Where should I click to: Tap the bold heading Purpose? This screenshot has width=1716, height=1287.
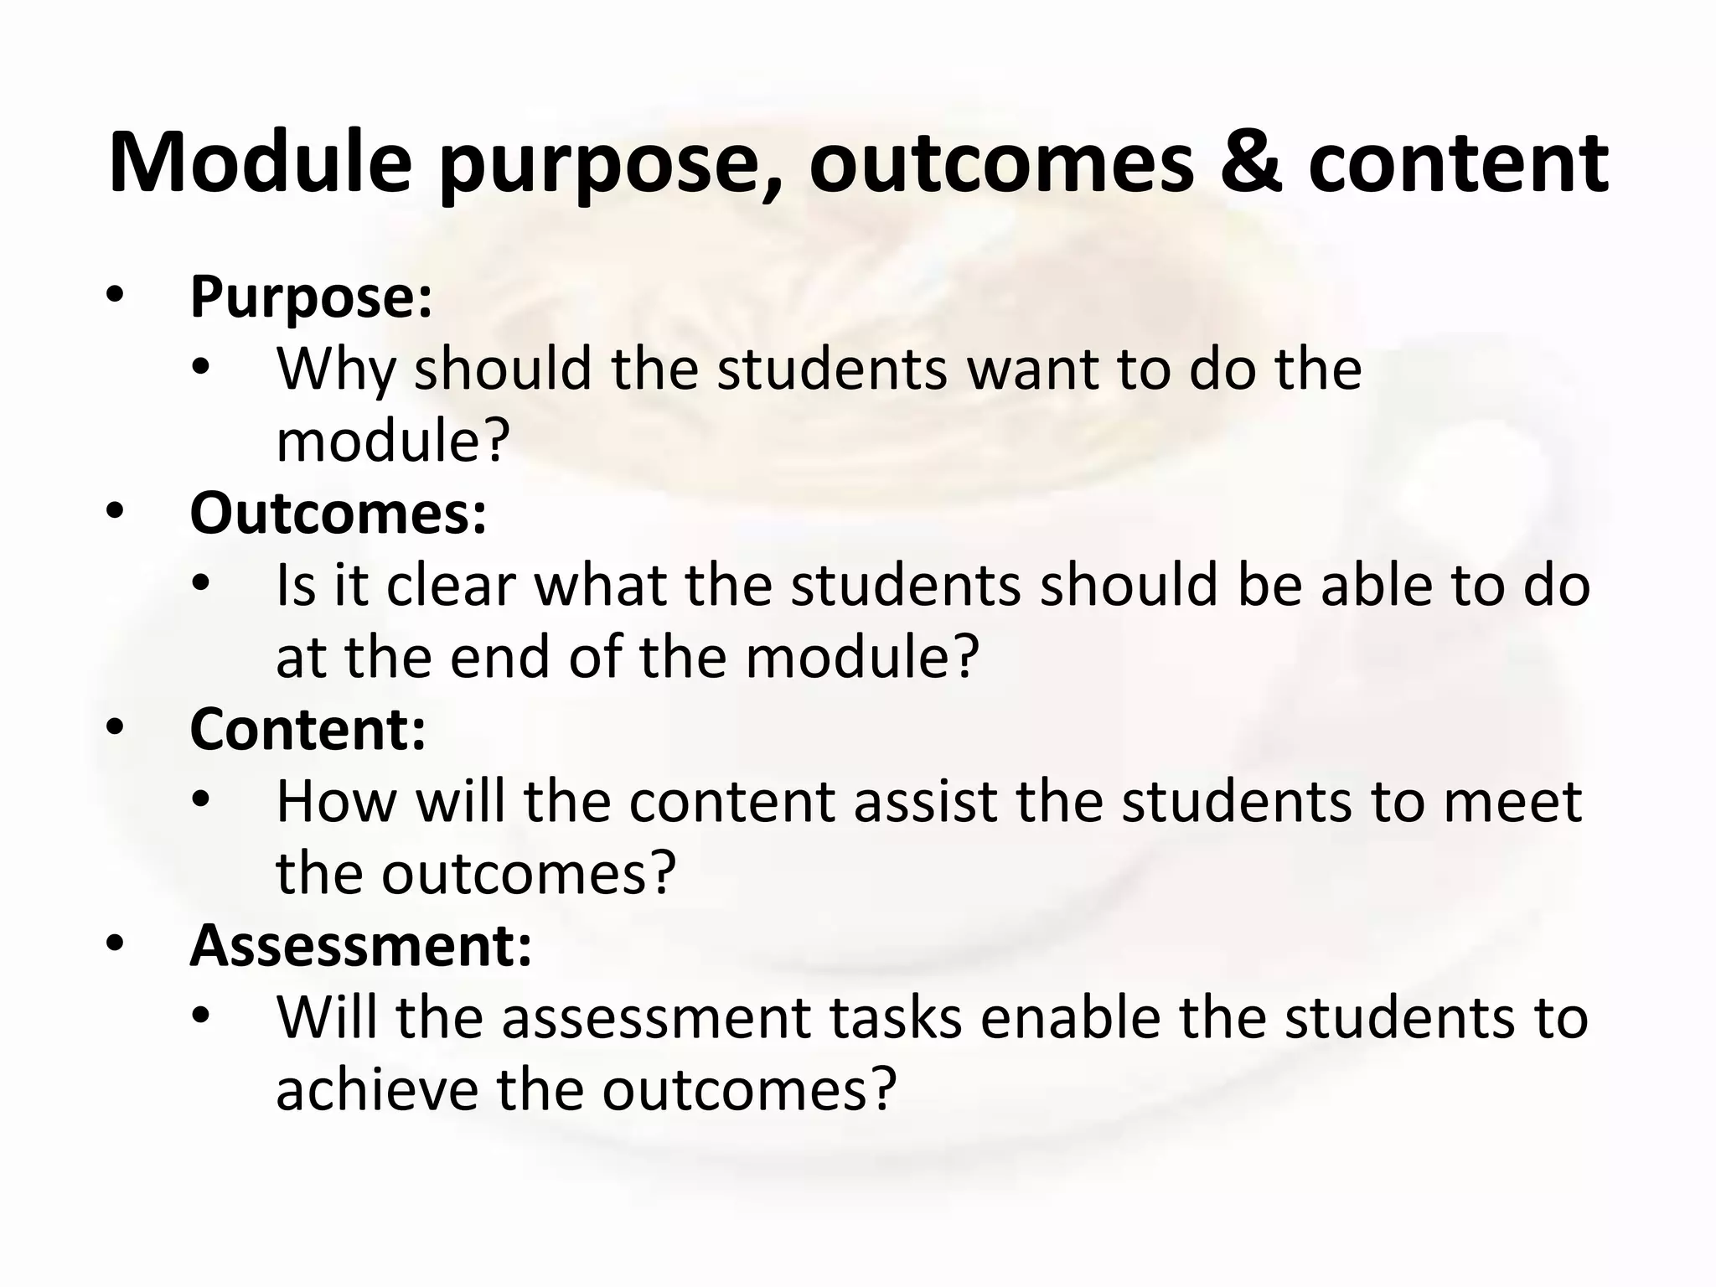click(311, 297)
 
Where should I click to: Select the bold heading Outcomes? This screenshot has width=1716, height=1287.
click(338, 513)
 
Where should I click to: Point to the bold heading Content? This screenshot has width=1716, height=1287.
click(308, 729)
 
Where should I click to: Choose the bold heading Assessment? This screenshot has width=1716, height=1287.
click(360, 945)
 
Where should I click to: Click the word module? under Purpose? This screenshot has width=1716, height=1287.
click(393, 442)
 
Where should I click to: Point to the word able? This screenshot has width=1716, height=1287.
click(1377, 586)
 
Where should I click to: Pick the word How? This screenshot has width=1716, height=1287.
click(336, 802)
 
